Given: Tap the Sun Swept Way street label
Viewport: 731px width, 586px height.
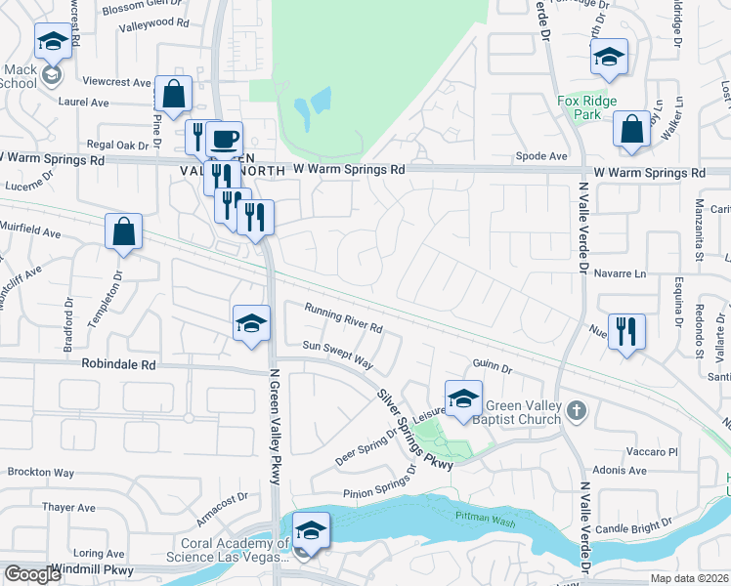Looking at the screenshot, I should click(338, 354).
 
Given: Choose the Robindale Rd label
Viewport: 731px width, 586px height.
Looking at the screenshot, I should click(119, 364).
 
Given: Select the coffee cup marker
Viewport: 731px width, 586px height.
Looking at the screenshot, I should click(224, 139).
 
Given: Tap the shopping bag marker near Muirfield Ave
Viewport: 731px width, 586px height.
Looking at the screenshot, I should click(124, 232).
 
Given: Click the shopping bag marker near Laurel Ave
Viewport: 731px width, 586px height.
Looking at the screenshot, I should click(173, 95).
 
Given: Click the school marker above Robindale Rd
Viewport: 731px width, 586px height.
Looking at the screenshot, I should click(251, 322).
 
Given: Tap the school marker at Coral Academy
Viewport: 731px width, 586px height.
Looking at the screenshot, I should click(311, 530).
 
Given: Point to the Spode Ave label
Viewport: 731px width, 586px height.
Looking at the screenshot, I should click(542, 156).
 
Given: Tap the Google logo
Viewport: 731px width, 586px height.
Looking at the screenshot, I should click(32, 574).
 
